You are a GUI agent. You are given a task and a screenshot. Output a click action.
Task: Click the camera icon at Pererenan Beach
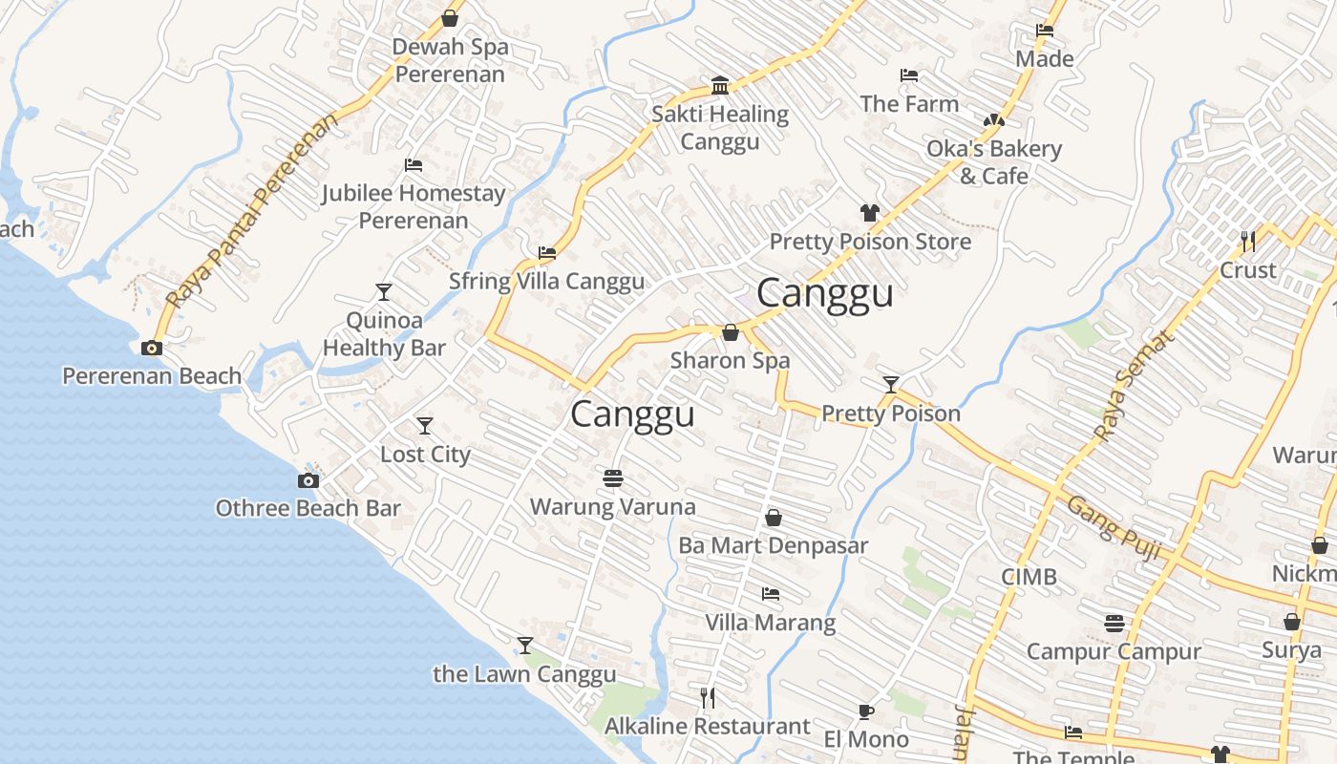point(152,349)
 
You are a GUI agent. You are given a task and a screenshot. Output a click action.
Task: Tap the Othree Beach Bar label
point(308,508)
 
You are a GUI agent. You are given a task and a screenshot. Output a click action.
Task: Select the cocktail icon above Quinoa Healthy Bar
point(384,291)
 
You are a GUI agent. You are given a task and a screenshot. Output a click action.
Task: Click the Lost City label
point(425,454)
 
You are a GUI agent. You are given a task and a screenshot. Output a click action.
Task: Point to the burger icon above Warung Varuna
point(613,477)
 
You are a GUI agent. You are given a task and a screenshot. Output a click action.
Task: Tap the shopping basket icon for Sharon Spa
point(731,332)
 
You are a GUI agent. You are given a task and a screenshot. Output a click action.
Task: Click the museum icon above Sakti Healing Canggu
point(720,86)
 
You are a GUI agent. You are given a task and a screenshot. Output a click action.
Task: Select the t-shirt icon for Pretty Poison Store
point(869,213)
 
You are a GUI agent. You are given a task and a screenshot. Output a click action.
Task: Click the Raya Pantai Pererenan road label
point(252,211)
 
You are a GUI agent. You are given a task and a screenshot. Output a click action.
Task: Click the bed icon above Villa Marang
point(771,594)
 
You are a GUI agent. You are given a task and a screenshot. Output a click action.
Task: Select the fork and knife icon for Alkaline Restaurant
point(708,698)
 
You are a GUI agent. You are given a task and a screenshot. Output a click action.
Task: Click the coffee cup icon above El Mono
point(865,711)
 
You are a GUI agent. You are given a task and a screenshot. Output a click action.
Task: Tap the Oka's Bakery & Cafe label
point(994,162)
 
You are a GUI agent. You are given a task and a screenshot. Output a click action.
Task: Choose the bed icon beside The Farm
point(909,75)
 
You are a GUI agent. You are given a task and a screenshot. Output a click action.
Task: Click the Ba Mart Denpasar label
point(773,545)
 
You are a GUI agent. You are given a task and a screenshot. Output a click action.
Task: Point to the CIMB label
point(1029,577)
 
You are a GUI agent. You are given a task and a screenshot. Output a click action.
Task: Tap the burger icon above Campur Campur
point(1114,624)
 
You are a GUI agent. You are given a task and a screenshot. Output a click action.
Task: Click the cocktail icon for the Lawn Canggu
point(525,646)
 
